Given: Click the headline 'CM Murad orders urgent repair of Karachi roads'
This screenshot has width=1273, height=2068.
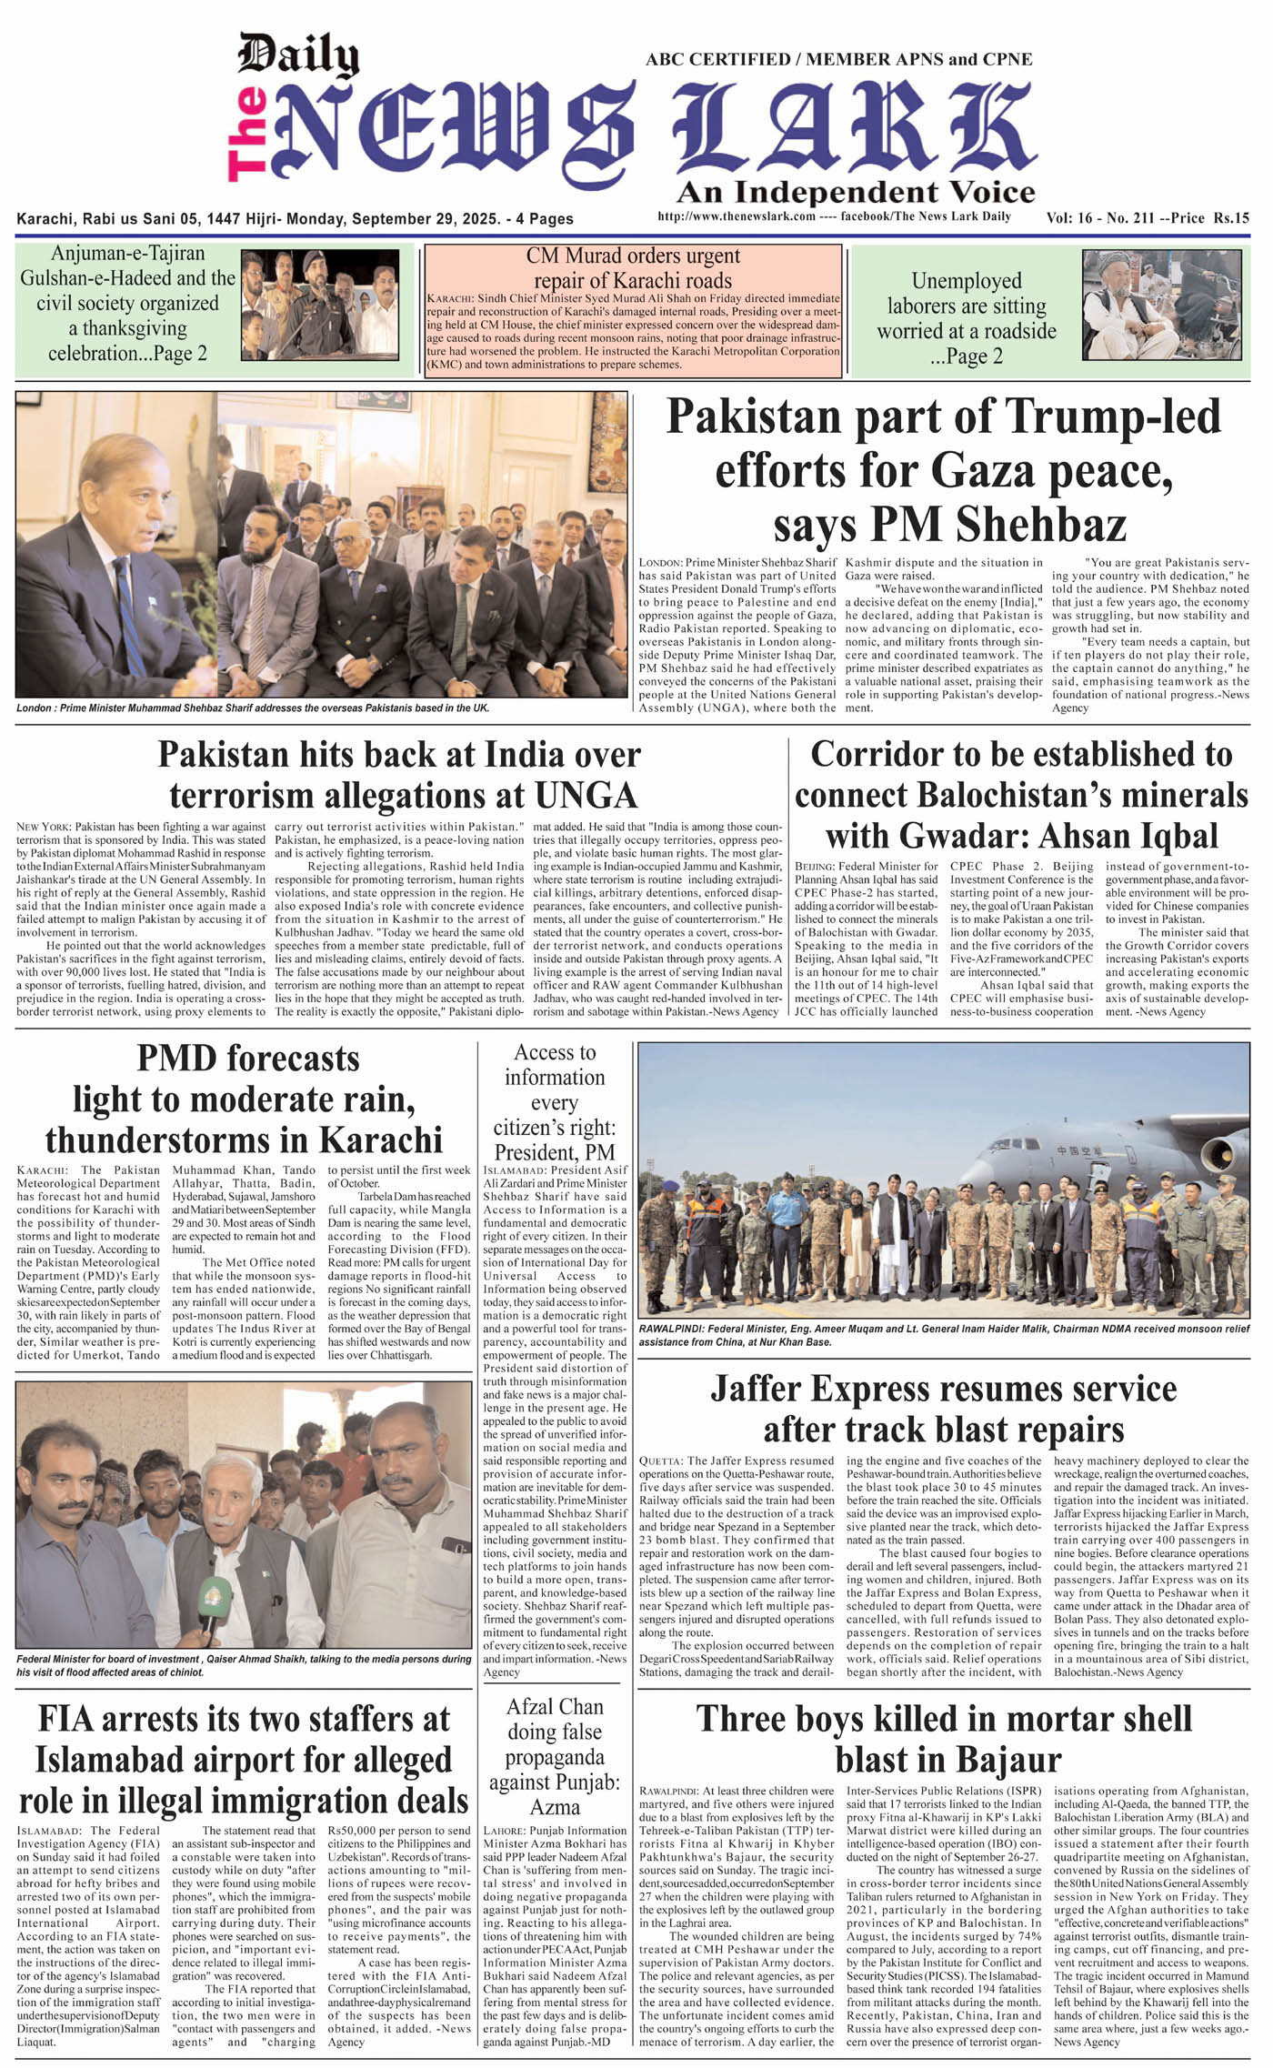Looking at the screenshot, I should point(632,268).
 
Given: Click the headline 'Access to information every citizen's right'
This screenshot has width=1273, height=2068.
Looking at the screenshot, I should point(555,1102).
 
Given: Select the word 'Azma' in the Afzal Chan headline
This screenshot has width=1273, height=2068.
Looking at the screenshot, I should point(555,1807).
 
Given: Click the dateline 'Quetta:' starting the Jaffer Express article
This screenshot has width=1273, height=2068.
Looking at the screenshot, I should point(660,1461).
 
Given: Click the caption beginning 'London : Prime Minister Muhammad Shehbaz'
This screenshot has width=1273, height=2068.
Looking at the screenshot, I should point(253,708).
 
